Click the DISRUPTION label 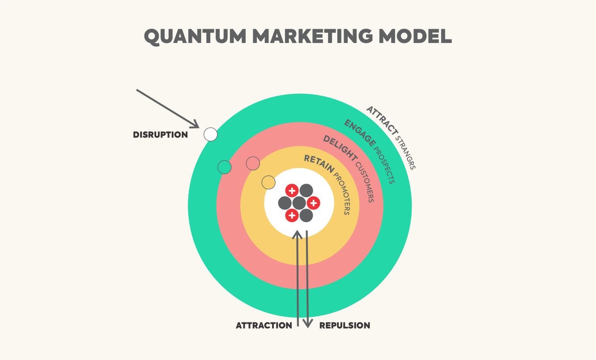(x=160, y=135)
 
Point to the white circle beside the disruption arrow (x=210, y=134)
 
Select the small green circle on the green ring (x=224, y=167)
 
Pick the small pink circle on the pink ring (x=253, y=163)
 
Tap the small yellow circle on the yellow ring (x=268, y=182)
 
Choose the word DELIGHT (x=340, y=148)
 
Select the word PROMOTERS (x=342, y=193)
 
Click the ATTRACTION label (x=264, y=326)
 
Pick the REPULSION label (x=345, y=326)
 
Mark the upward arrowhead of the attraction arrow (x=298, y=234)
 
